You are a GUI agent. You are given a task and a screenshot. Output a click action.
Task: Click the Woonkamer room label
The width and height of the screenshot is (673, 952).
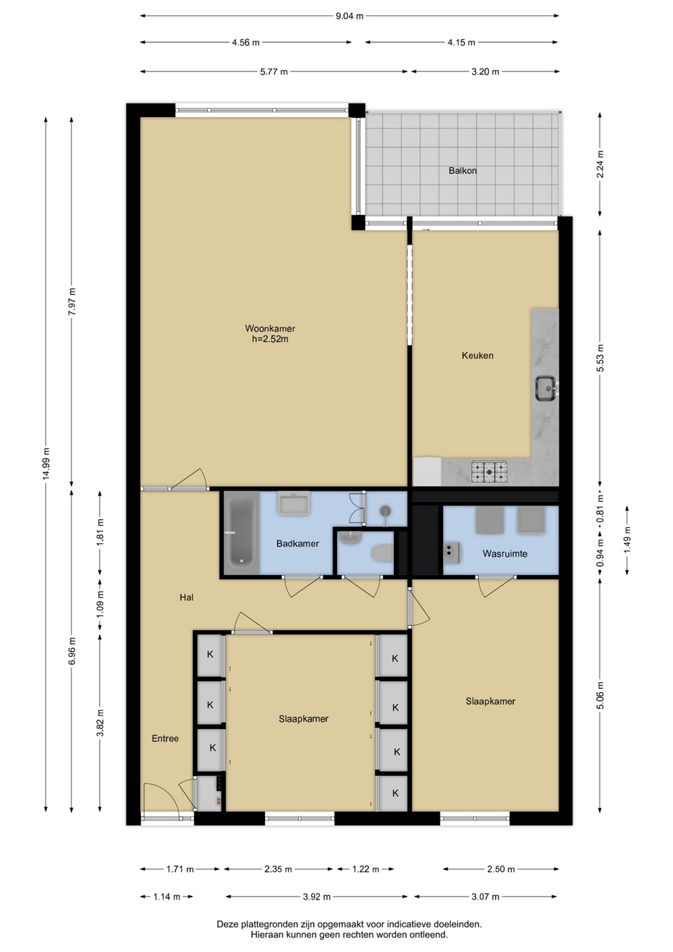coord(270,329)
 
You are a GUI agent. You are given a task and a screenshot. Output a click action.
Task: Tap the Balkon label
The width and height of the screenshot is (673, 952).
coord(463,171)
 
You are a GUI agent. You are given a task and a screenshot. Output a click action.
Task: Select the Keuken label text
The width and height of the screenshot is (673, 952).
coord(477,355)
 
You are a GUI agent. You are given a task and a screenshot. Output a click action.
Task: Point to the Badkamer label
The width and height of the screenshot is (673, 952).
coord(297,543)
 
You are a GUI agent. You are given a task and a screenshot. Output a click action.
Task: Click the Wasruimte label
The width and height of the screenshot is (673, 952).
coord(505,553)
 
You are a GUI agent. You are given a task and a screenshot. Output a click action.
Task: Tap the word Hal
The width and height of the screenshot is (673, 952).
coord(186,597)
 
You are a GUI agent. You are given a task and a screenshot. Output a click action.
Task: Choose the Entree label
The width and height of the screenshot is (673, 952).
coord(165,738)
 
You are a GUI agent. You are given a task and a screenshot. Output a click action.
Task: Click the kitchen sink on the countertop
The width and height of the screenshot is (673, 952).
coord(546,388)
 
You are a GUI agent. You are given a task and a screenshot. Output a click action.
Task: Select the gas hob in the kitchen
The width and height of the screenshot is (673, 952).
coord(489,472)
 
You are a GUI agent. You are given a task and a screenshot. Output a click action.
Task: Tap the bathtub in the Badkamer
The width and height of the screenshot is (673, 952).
coord(241,533)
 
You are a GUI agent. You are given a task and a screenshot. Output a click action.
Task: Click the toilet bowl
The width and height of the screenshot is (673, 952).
coord(382,553)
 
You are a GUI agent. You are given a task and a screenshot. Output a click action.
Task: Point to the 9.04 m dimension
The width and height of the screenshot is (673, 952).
coord(350,16)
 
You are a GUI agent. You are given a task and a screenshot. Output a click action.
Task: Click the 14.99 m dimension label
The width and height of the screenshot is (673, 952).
coord(46,463)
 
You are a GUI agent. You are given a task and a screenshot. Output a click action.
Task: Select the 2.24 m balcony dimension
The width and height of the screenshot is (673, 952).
coord(600,165)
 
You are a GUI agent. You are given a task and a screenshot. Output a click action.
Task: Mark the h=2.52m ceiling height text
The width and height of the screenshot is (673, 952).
coord(270,339)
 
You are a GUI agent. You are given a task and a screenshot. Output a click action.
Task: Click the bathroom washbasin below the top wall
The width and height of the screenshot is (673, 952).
coord(294,503)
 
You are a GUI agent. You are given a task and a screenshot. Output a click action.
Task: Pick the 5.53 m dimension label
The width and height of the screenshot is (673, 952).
coord(600,358)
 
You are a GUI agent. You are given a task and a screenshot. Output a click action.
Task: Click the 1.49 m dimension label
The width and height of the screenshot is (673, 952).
coord(627,539)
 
